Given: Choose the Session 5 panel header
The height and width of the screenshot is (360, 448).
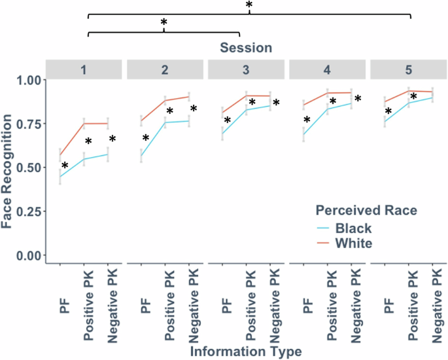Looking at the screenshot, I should click(x=408, y=69).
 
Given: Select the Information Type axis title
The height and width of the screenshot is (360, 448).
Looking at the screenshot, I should click(x=246, y=351).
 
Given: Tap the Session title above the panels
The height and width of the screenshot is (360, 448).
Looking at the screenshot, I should click(x=246, y=48).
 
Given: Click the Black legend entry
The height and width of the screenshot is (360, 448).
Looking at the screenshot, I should click(x=353, y=228).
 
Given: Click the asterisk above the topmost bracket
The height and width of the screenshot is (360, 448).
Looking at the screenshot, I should click(x=249, y=6).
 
